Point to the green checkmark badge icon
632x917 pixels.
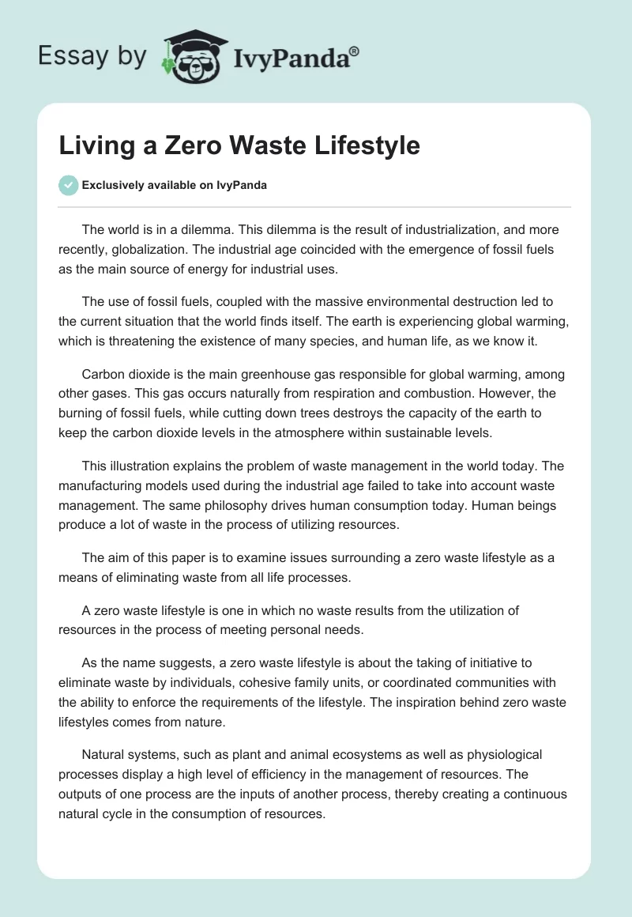(x=68, y=185)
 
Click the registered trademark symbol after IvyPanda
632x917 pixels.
(x=355, y=50)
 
